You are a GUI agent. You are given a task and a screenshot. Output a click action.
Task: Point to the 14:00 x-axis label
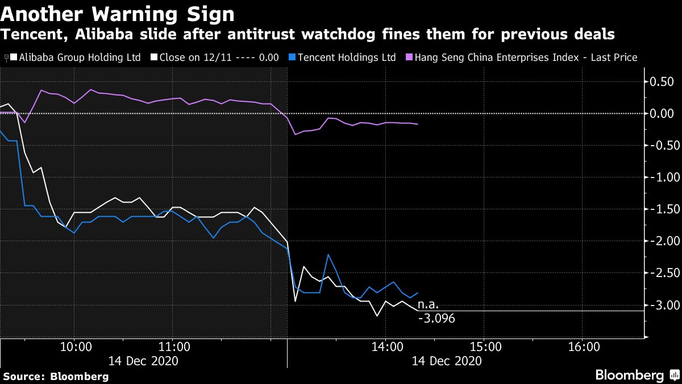click(385, 347)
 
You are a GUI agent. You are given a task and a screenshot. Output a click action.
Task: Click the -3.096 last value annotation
click(436, 319)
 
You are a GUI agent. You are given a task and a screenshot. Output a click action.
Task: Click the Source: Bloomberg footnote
click(56, 376)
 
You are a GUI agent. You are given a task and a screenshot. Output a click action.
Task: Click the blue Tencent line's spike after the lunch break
click(328, 255)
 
